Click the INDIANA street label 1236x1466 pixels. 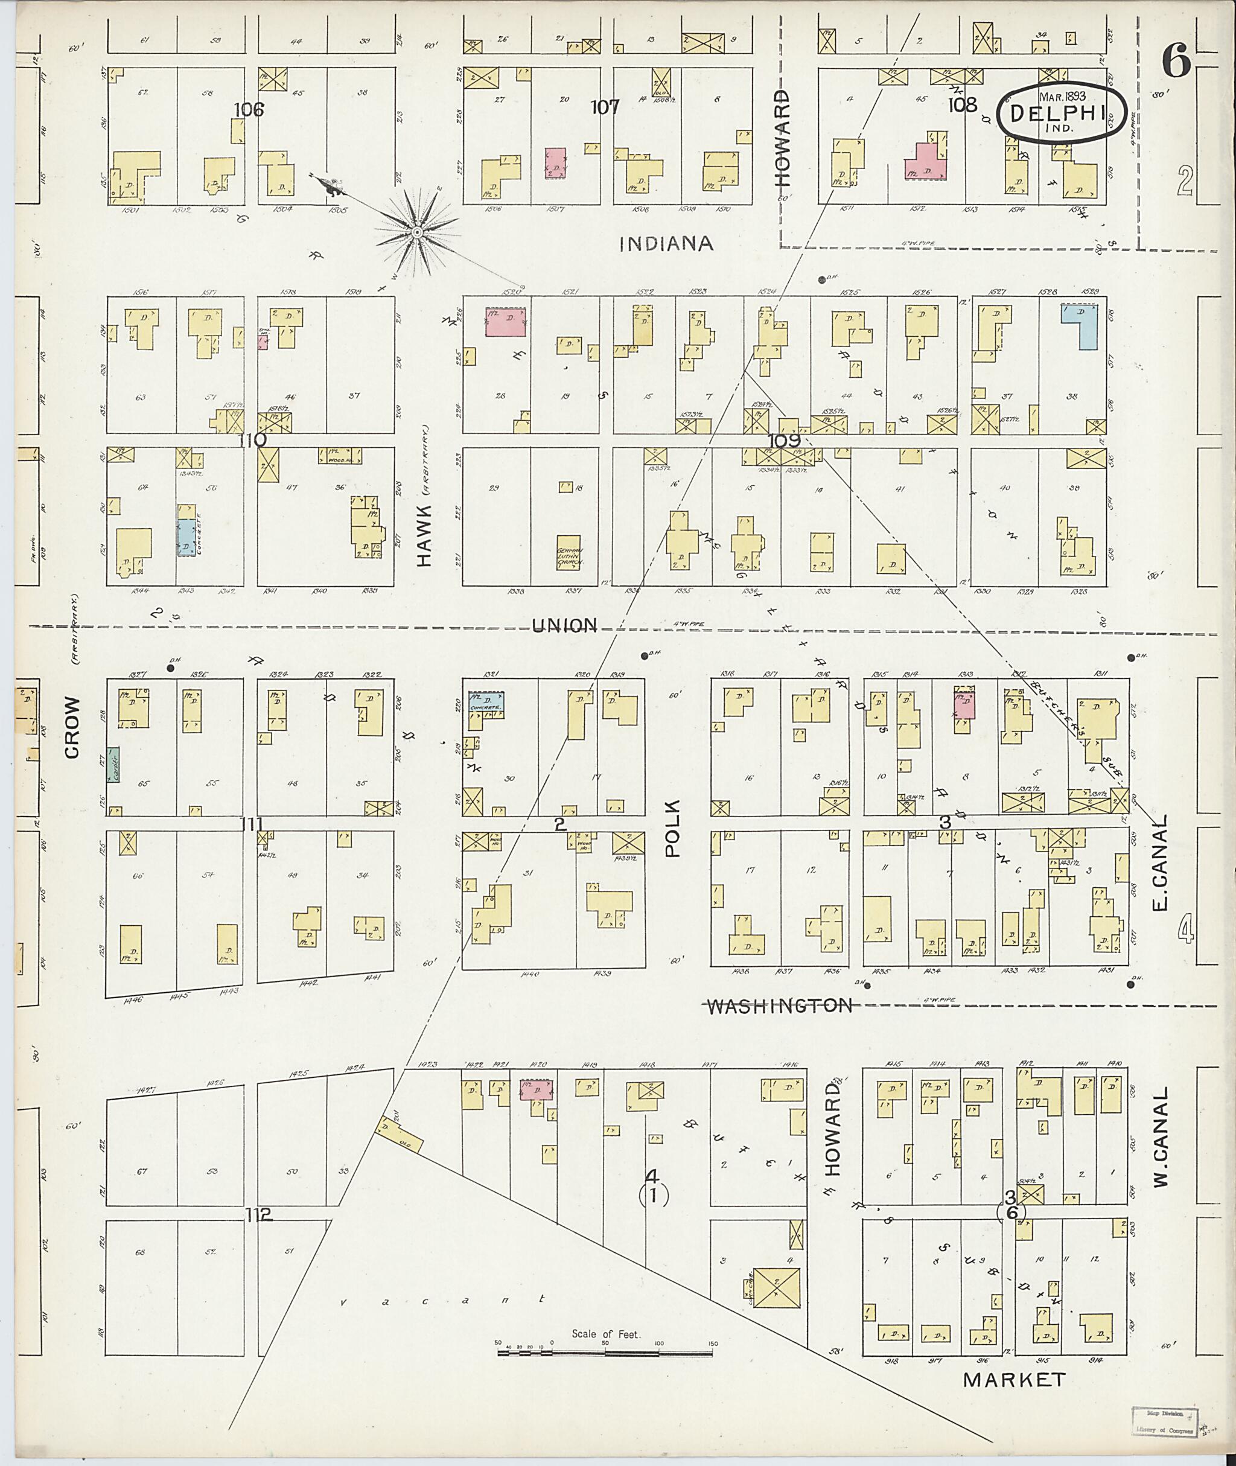(x=666, y=243)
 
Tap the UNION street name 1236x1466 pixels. (x=564, y=625)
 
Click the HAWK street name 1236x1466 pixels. (x=425, y=536)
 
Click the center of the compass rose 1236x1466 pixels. (x=417, y=231)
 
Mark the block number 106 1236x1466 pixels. (x=249, y=109)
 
